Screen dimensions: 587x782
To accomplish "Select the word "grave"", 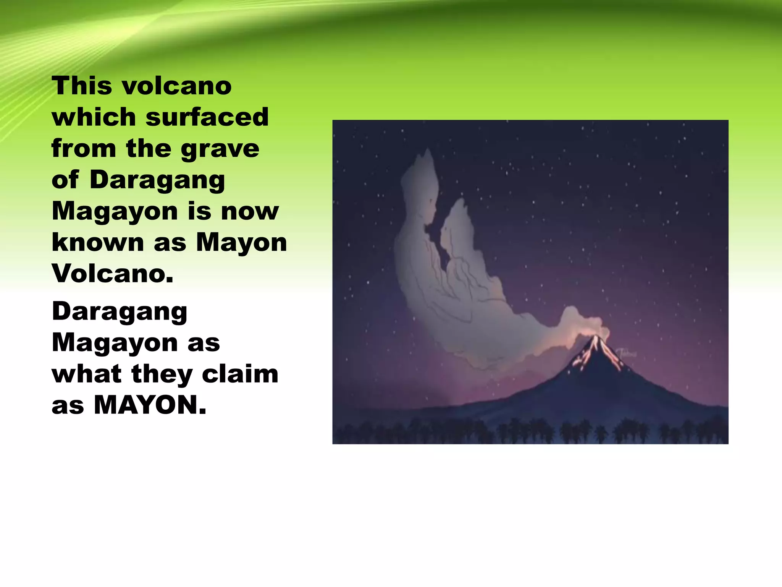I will coord(220,149).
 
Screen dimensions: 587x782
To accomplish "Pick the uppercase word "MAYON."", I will coord(150,405).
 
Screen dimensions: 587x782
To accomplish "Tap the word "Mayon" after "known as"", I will coord(241,243).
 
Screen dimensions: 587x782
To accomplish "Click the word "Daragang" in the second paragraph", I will coord(120,312).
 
